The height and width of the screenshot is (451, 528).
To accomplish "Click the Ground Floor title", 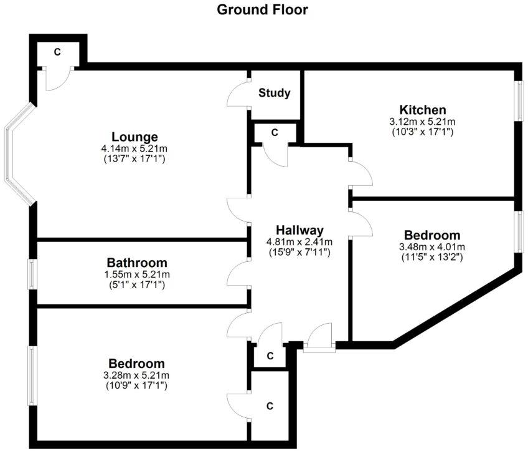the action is (262, 9).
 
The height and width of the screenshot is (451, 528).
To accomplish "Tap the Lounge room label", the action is (134, 137).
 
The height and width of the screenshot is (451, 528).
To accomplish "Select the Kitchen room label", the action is (423, 110).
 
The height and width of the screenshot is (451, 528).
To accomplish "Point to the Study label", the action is (275, 93).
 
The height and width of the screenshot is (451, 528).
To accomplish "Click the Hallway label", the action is (299, 230).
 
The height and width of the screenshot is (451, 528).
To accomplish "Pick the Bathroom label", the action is (137, 263).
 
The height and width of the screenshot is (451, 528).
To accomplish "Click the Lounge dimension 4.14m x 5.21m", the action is (134, 148).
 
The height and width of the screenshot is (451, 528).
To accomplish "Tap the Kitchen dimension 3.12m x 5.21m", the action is (423, 122).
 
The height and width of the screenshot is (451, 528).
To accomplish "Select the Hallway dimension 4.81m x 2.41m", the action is (299, 241).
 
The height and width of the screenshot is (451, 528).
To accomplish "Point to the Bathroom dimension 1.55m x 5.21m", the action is (137, 274).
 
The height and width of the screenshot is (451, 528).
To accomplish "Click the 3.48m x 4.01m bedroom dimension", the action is (432, 246).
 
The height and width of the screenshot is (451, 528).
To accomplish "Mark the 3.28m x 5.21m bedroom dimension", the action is (136, 375).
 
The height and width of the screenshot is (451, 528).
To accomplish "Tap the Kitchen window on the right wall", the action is (521, 100).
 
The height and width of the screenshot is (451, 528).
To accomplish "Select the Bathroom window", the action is (32, 274).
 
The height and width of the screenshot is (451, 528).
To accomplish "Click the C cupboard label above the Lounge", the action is (57, 52).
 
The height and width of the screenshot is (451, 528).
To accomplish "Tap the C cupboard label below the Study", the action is (275, 133).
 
